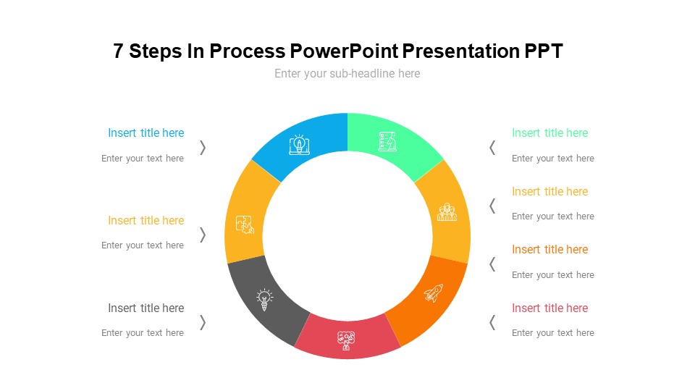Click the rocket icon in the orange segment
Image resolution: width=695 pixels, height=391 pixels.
coord(434,293)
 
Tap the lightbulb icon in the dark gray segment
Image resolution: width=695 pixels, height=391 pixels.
coord(265,300)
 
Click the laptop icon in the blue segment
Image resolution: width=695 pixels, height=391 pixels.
coord(299,145)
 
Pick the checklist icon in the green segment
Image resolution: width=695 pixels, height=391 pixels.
coord(387,141)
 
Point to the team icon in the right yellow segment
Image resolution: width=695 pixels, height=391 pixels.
coord(447,212)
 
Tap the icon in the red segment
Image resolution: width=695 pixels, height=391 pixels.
coord(346,340)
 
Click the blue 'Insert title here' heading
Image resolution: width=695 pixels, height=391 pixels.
coord(146,133)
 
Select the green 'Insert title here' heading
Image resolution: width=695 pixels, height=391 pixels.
coord(549,133)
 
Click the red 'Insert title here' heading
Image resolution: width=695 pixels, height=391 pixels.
coord(549,308)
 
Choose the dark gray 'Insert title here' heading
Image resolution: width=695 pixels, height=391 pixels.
coord(146,308)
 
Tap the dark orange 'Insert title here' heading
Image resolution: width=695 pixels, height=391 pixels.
coord(549,250)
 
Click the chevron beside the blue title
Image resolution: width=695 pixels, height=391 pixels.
coord(203,148)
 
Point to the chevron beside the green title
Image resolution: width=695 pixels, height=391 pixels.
coord(492,148)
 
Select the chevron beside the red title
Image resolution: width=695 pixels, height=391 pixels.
coord(492,322)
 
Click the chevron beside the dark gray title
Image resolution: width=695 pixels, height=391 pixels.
coord(203,322)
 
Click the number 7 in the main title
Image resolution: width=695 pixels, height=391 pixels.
coord(118,51)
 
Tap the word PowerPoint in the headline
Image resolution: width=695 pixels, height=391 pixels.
coord(344,51)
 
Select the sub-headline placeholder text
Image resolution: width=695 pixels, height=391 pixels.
coord(347,74)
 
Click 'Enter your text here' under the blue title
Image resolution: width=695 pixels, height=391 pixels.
coord(143,159)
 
